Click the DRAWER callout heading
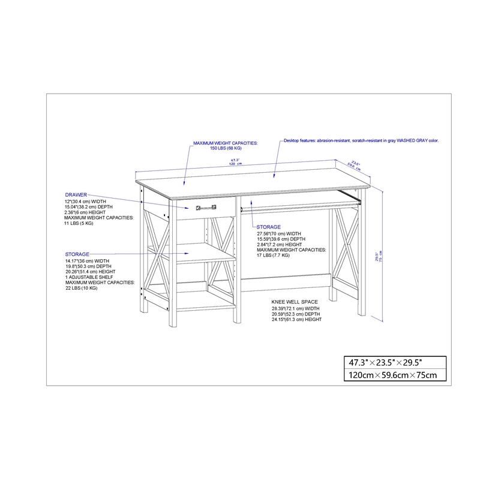coord(76,195)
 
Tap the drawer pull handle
coord(204,208)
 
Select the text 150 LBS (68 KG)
coord(225,148)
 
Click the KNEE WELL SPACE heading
coord(295,302)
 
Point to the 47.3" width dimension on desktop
coord(235,160)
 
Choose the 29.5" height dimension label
coord(377,256)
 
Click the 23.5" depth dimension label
coord(356,163)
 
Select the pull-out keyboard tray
coord(300,205)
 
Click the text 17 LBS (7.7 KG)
coord(273,255)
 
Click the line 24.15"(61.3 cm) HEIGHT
coord(296,319)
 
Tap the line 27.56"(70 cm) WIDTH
coord(279,233)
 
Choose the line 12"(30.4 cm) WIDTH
coord(86,201)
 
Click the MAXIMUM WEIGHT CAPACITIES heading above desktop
coord(225,143)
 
